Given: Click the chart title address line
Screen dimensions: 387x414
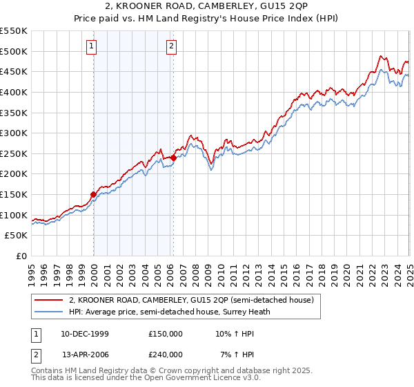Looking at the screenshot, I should tap(206, 8).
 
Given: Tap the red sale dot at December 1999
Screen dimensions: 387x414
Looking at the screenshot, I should tap(93, 194).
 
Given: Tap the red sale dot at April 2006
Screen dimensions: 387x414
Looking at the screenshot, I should tap(173, 158).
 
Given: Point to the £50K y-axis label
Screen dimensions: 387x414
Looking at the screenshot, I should tap(17, 236).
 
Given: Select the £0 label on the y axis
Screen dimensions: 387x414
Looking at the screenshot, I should tap(22, 256).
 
